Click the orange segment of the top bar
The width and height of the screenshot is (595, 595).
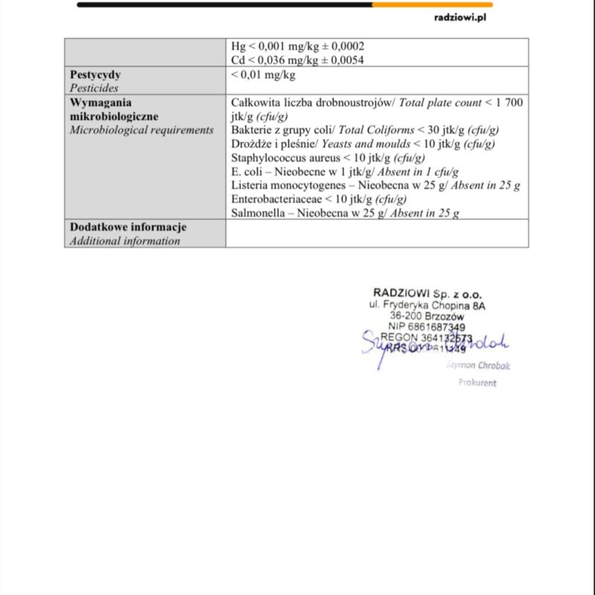(431, 4)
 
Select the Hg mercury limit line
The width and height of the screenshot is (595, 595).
(297, 46)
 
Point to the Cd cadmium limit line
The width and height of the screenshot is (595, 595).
(297, 59)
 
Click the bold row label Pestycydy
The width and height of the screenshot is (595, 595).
(95, 74)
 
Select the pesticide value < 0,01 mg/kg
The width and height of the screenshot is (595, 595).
(263, 74)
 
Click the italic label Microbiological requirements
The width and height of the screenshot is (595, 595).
(141, 130)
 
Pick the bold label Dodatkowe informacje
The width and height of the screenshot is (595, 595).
(128, 227)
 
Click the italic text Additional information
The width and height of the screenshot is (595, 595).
(125, 240)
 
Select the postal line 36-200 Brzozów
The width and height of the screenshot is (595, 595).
(427, 315)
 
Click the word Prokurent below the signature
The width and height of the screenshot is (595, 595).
(477, 383)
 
